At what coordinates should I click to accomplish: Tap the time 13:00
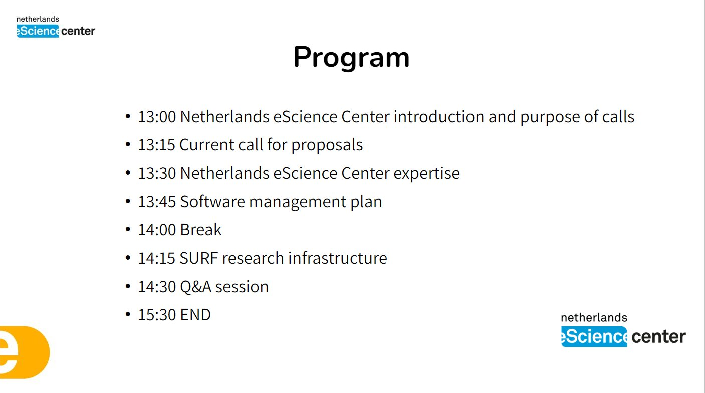[157, 117]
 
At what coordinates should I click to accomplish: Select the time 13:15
[156, 145]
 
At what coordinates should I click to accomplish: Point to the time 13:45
[157, 202]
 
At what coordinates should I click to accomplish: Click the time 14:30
[157, 287]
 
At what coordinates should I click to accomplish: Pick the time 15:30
[157, 315]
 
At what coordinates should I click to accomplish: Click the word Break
[201, 230]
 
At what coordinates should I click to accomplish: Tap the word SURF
[198, 258]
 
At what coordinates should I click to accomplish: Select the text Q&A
[195, 287]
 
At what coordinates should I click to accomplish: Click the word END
[195, 315]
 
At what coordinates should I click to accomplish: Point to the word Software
[212, 202]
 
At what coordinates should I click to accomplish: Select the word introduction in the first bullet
[439, 117]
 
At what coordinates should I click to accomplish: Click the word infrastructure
[338, 258]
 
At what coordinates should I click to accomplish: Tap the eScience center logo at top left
[56, 27]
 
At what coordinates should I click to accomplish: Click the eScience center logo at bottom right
[623, 330]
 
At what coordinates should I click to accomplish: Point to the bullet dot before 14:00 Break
[128, 229]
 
